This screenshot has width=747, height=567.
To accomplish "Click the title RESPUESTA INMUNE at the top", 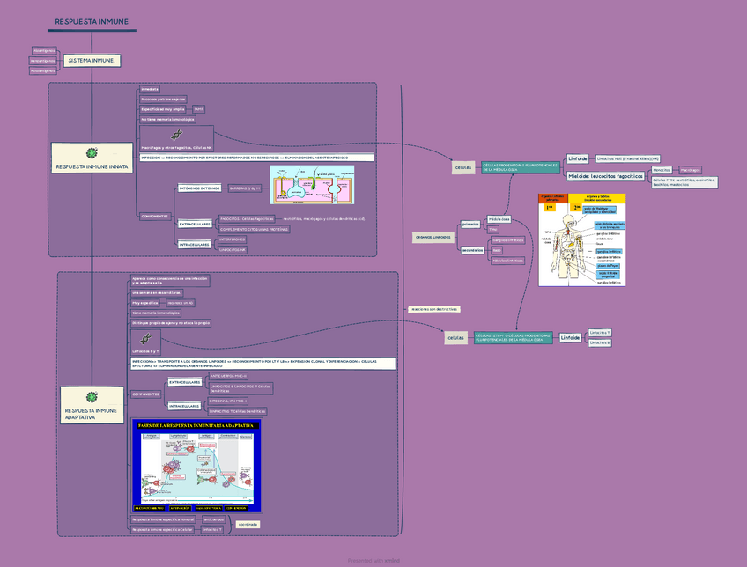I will pyautogui.click(x=92, y=21).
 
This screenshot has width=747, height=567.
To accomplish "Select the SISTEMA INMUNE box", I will pyautogui.click(x=91, y=61).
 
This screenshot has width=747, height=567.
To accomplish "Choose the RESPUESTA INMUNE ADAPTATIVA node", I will pyautogui.click(x=92, y=413).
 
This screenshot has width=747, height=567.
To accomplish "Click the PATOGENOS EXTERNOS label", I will pyautogui.click(x=199, y=188).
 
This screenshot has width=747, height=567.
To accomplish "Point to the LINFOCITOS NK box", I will pyautogui.click(x=231, y=250).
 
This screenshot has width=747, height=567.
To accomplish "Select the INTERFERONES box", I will pyautogui.click(x=232, y=239).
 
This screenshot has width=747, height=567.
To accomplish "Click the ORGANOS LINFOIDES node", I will pyautogui.click(x=433, y=237).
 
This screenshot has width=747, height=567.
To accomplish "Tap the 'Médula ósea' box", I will pyautogui.click(x=499, y=218).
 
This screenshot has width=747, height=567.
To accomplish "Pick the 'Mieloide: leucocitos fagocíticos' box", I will pyautogui.click(x=605, y=176).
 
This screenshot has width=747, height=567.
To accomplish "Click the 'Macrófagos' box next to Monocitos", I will pyautogui.click(x=691, y=169).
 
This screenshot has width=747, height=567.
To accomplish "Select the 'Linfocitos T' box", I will pyautogui.click(x=599, y=333).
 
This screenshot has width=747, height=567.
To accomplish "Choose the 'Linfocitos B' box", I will pyautogui.click(x=599, y=342).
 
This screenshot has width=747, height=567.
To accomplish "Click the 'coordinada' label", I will pyautogui.click(x=248, y=524).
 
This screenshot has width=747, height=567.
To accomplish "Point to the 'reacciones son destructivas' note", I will pyautogui.click(x=433, y=309).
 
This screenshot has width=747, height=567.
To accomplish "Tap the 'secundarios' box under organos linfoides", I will pyautogui.click(x=471, y=249).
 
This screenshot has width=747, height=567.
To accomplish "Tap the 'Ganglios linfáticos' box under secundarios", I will pyautogui.click(x=507, y=239).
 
